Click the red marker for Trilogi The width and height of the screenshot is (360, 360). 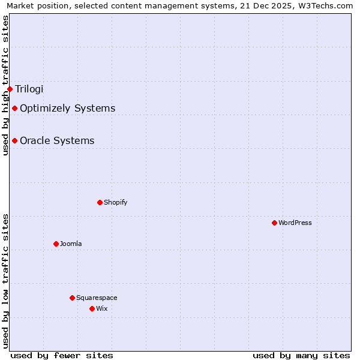10,89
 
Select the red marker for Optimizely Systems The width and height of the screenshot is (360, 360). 14,108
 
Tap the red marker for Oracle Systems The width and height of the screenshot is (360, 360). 14,140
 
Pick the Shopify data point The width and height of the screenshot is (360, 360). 100,202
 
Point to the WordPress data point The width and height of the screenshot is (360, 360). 274,223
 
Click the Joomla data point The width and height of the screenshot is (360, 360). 56,244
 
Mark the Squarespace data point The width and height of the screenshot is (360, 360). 72,298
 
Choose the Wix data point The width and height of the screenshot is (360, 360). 92,308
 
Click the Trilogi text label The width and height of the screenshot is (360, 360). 29,89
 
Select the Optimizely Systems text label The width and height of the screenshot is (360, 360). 67,108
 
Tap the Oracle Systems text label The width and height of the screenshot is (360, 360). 57,140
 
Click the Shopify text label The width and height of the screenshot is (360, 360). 115,202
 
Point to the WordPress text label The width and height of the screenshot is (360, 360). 295,223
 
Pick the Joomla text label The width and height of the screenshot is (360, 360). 70,244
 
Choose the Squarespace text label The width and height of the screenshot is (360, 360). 97,298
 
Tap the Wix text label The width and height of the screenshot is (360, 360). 101,308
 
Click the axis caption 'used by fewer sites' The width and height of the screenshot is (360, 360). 62,355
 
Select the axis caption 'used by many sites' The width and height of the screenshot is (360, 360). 301,355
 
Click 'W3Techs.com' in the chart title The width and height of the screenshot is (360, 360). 328,6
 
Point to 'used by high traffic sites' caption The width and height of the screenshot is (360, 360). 6,85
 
